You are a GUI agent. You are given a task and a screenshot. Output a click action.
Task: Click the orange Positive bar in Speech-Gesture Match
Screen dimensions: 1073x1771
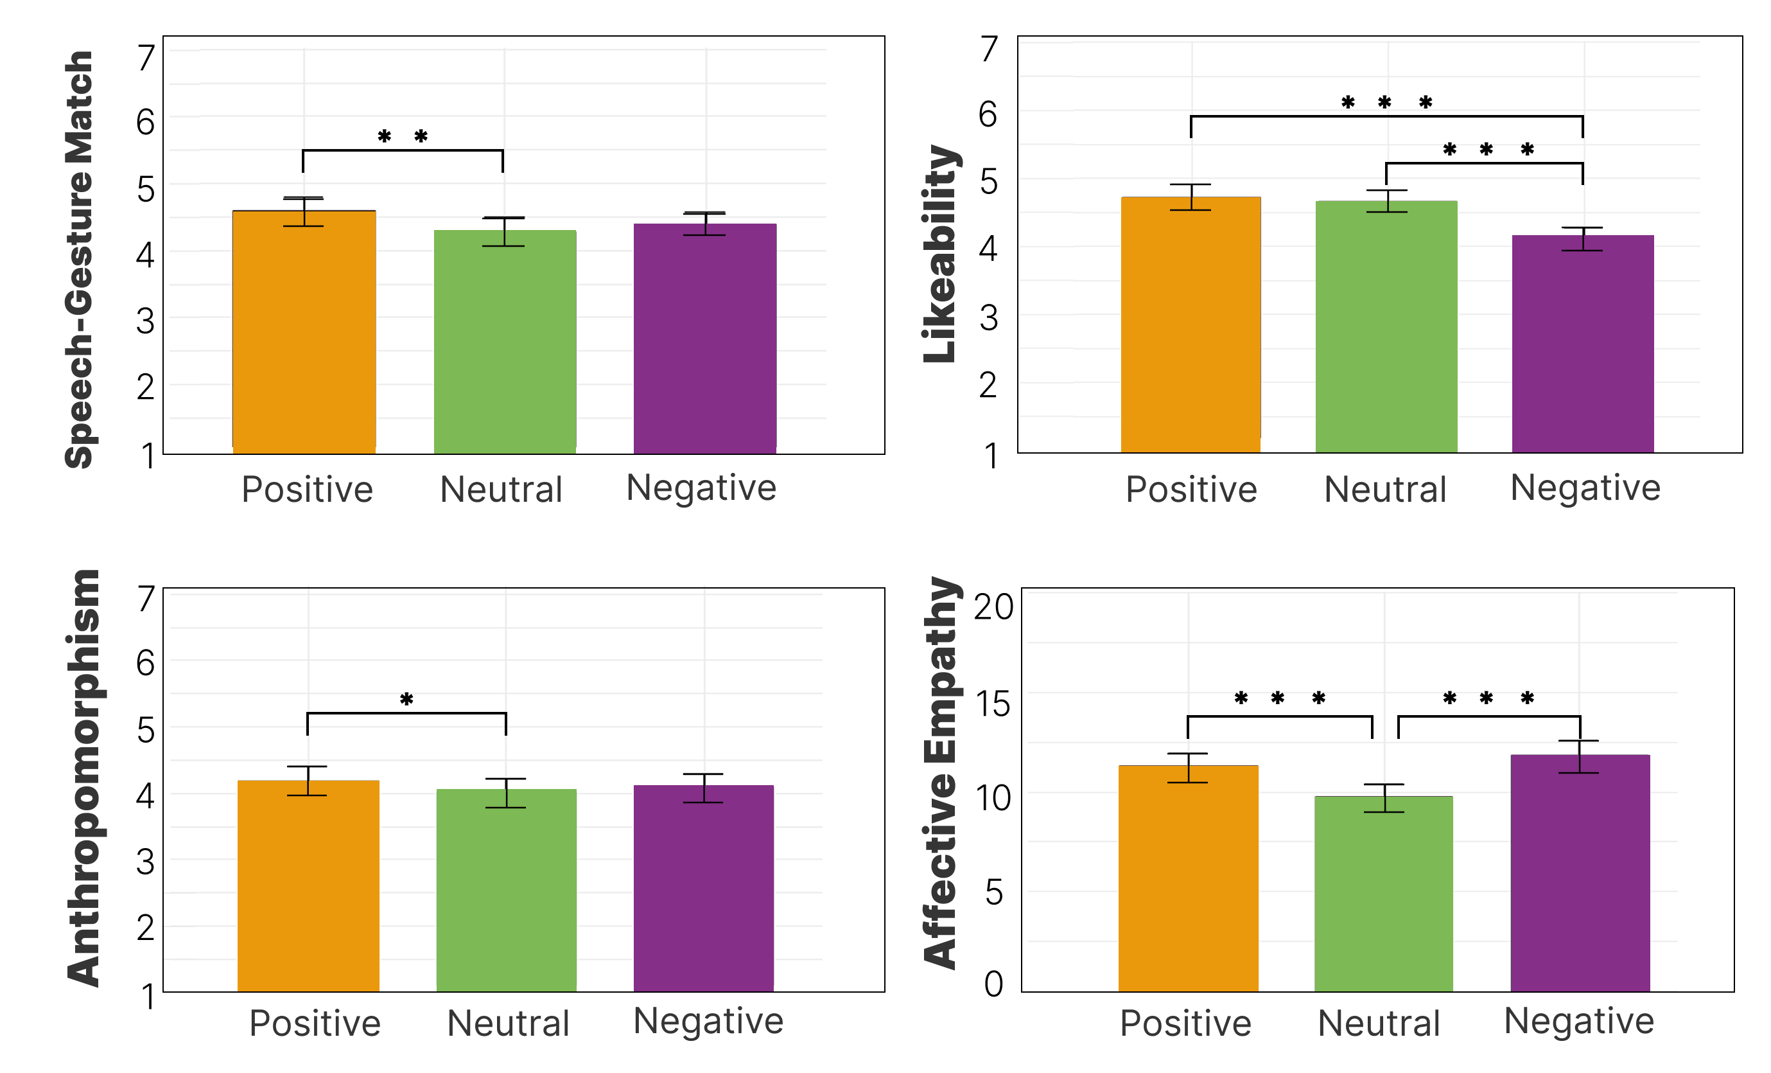coord(304,331)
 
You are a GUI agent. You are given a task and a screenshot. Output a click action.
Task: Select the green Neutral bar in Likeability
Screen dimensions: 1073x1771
coord(1386,327)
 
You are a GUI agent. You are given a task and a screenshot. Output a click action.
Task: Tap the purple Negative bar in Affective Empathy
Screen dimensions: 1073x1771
coord(1580,873)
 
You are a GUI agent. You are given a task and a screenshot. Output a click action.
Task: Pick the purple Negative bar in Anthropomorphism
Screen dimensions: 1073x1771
coord(704,888)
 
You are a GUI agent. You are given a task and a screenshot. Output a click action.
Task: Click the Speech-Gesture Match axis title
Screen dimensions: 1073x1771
coord(79,259)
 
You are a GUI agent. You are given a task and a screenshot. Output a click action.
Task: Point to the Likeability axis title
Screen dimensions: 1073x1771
coord(940,253)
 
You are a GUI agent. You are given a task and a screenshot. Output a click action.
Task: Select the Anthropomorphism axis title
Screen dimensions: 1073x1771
coord(83,778)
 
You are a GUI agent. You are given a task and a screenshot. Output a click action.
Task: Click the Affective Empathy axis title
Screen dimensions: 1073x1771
coord(940,773)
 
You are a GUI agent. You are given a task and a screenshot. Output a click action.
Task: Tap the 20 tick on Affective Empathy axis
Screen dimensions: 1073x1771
coord(993,607)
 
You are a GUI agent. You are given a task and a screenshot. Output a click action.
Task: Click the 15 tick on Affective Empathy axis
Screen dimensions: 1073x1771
coord(993,704)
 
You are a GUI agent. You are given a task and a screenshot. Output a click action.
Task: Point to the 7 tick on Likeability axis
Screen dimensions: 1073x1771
coord(990,49)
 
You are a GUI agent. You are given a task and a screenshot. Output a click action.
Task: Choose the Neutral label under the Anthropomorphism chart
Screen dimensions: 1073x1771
coord(508,1023)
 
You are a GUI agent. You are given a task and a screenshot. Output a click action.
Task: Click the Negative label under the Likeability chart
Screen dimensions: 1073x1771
coord(1585,488)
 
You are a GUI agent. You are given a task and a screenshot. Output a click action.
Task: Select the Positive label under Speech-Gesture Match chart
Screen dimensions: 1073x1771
coord(307,490)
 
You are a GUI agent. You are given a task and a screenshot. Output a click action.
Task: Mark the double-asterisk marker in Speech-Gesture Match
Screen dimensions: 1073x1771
coord(403,136)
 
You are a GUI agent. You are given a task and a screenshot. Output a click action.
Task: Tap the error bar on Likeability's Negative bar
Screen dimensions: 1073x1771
coord(1582,239)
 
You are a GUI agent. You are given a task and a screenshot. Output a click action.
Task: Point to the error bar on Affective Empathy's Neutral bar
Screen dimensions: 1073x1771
coord(1384,798)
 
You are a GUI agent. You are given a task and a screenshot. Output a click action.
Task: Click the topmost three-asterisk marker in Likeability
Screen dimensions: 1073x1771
coord(1386,103)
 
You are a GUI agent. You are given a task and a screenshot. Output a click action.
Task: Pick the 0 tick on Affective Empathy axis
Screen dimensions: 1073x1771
coord(993,984)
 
